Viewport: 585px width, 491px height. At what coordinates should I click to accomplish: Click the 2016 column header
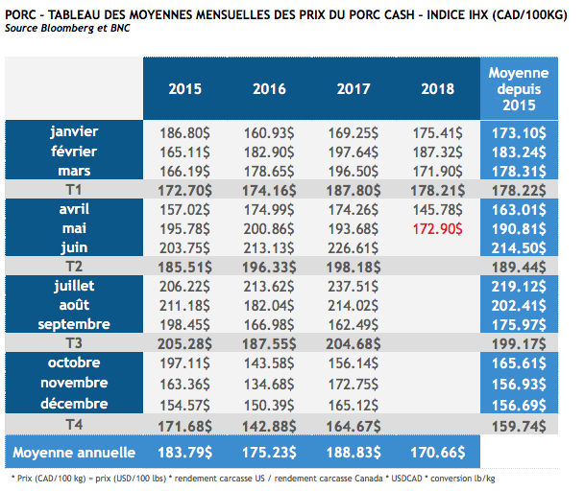[270, 89]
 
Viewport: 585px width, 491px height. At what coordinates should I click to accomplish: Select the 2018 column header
[438, 89]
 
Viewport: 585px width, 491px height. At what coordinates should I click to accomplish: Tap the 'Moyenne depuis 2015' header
[519, 88]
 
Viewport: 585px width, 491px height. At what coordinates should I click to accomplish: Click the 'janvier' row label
[74, 130]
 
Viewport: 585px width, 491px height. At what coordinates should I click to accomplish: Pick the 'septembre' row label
[74, 323]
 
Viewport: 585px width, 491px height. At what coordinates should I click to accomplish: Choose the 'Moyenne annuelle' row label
[74, 453]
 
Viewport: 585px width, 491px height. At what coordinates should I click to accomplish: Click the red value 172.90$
[438, 227]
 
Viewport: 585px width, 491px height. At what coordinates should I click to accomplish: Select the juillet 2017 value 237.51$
[353, 287]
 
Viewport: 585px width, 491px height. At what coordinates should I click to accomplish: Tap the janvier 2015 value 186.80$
[185, 131]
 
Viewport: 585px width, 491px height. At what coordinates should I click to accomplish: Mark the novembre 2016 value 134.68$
[270, 384]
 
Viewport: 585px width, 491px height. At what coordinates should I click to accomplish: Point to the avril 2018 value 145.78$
[438, 208]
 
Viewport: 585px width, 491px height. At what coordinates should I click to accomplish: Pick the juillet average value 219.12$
[519, 287]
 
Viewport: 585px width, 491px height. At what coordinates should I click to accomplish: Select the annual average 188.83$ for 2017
[353, 453]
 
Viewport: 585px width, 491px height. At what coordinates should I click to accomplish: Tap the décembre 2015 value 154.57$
[185, 404]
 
